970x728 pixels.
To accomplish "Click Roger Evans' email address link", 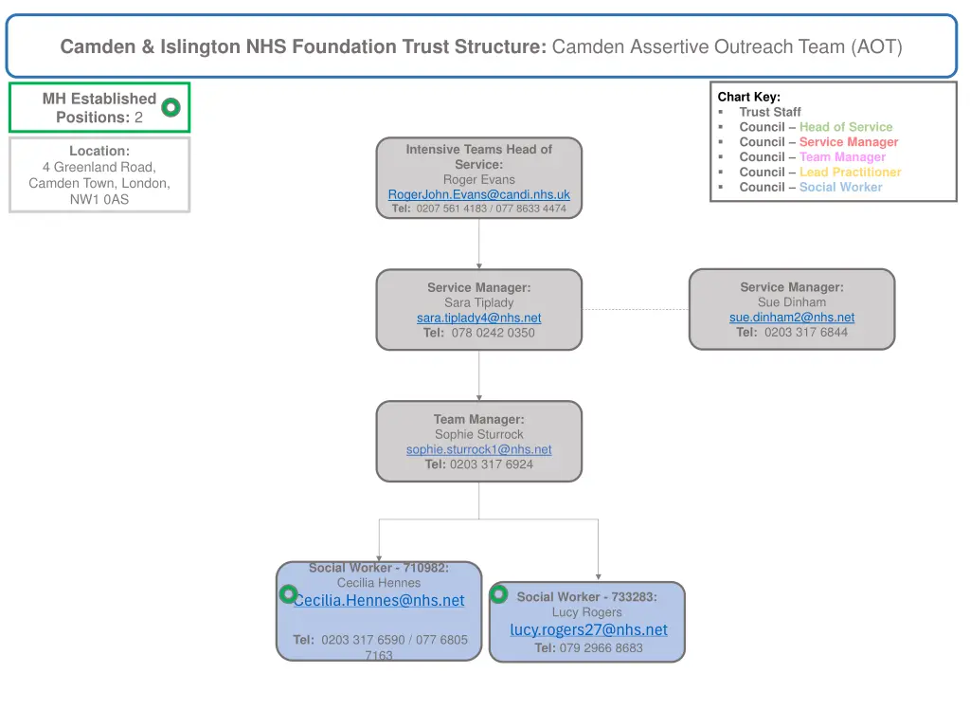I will pos(478,194).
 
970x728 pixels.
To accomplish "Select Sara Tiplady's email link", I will pos(478,318).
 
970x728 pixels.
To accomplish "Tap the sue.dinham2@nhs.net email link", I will pos(791,318).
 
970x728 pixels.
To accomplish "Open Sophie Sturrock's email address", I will pos(478,449).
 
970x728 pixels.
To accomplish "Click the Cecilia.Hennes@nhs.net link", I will pos(379,600).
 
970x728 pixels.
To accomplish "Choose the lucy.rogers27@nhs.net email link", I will pos(588,629).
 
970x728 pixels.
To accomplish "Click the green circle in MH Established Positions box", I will pos(171,108).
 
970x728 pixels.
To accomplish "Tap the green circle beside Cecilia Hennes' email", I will pos(288,594).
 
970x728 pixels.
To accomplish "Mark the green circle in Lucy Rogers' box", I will pos(499,594).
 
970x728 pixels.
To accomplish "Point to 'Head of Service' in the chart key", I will pos(845,127).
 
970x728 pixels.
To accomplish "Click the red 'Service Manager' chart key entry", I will pos(848,142).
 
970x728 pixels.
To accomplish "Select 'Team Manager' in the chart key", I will pos(842,157).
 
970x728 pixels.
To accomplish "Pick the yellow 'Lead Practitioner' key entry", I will pos(850,173).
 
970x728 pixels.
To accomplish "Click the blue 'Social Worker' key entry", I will pos(840,188).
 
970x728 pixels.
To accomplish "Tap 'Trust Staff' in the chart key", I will pos(769,112).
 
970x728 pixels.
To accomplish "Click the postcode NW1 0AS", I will pos(99,199).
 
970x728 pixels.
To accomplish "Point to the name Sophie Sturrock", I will pos(478,434).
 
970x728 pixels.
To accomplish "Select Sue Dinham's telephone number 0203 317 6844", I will pos(805,332).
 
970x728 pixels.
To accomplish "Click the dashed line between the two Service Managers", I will pos(635,309).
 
